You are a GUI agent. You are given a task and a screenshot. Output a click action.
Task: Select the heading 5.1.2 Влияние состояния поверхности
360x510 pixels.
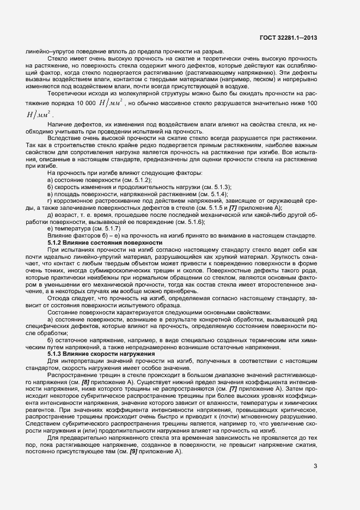pos(105,242)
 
